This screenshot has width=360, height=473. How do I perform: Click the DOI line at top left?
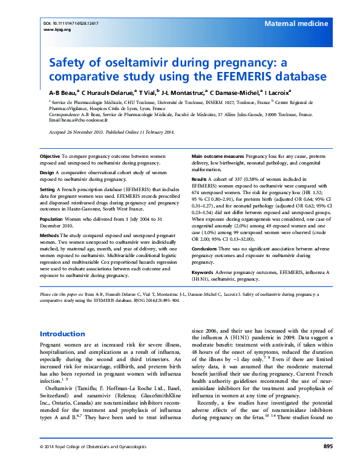pos(70,22)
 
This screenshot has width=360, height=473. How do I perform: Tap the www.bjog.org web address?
pos(54,29)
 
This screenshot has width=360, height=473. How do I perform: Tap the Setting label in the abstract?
pos(48,188)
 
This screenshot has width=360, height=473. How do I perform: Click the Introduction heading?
pos(62,334)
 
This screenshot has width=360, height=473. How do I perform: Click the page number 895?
pos(328,463)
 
